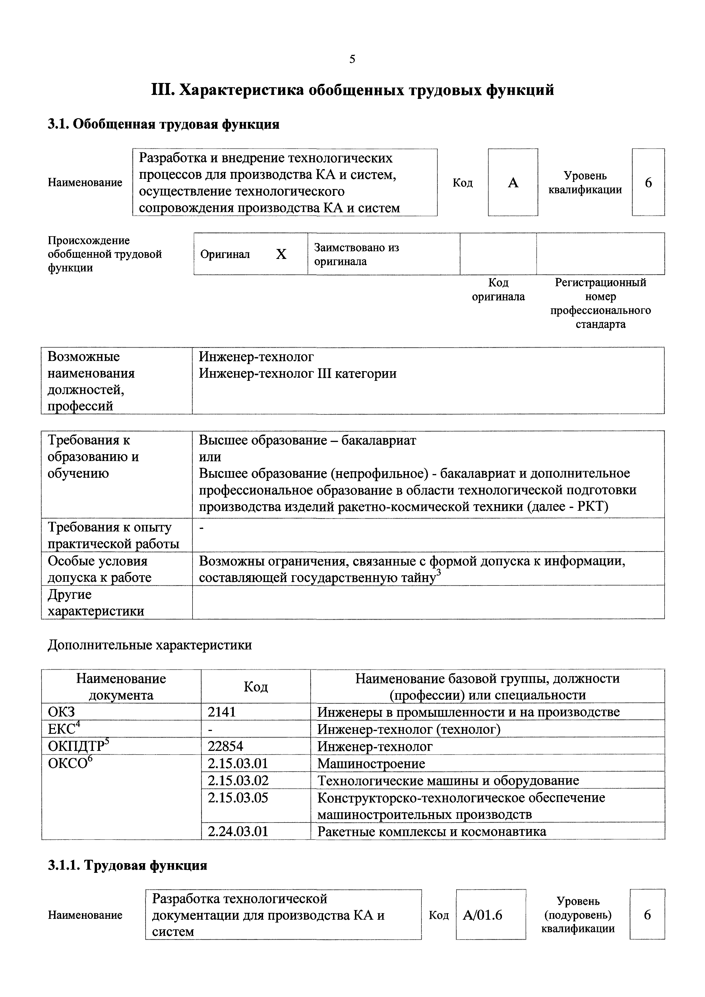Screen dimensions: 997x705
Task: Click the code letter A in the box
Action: pyautogui.click(x=513, y=183)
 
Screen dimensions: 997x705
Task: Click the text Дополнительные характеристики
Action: pyautogui.click(x=149, y=645)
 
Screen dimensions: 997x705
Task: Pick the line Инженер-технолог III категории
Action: pyautogui.click(x=297, y=373)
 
